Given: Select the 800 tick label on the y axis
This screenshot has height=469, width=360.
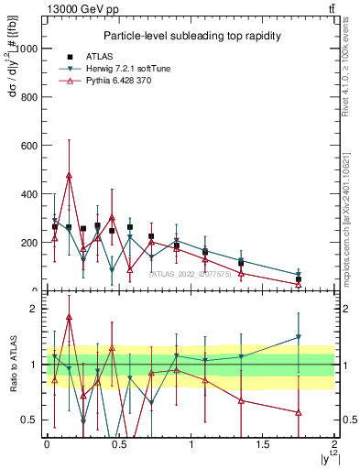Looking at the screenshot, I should click(30, 97).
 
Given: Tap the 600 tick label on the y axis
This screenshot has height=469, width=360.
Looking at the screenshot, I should click(30, 146).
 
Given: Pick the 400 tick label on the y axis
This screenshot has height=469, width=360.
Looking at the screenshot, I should click(30, 194).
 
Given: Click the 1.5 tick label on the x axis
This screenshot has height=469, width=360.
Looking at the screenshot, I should click(263, 444).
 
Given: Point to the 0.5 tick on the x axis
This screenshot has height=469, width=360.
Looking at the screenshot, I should click(119, 444).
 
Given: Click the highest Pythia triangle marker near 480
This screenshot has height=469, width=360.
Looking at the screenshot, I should click(69, 174).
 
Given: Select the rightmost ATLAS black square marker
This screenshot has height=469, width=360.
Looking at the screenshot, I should click(299, 279).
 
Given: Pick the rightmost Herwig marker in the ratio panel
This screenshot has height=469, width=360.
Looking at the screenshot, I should click(299, 337).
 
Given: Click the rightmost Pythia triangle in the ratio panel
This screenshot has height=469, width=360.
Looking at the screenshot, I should click(299, 412).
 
